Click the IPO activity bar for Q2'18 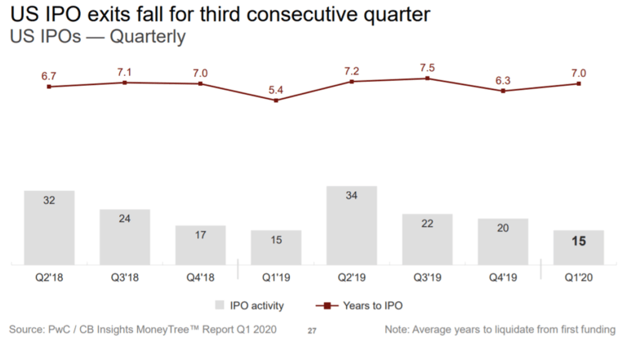click(x=49, y=228)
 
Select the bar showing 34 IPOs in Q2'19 click(x=352, y=225)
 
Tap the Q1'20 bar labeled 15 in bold click(x=579, y=247)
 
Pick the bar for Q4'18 click(x=200, y=245)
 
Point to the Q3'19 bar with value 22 click(x=427, y=239)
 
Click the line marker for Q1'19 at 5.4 click(x=276, y=100)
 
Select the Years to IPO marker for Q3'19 click(x=427, y=78)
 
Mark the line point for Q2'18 click(x=49, y=87)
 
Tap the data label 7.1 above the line click(x=125, y=70)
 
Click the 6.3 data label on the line click(x=503, y=79)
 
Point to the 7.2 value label click(x=352, y=69)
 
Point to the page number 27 click(x=311, y=331)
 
